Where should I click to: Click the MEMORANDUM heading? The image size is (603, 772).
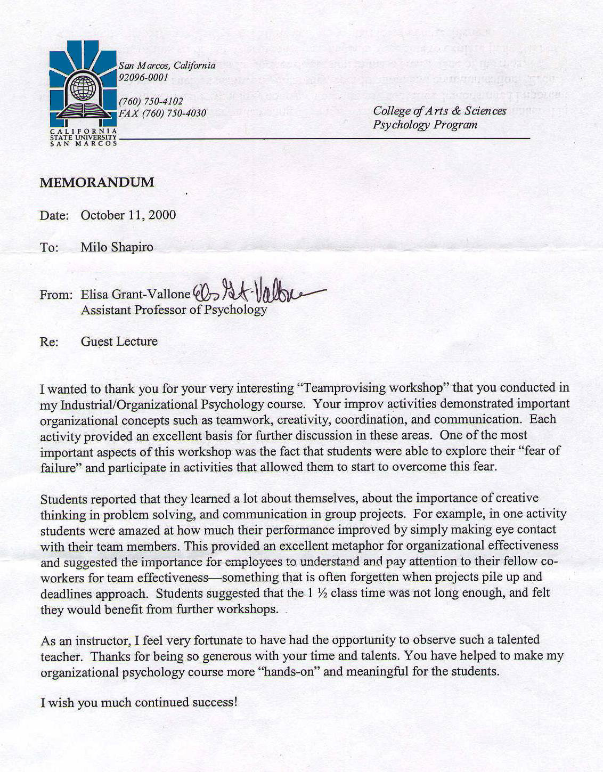click(97, 183)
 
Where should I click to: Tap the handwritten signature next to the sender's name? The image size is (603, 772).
click(256, 292)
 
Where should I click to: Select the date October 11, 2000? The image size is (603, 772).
click(128, 215)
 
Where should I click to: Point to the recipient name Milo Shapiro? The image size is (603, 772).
click(117, 247)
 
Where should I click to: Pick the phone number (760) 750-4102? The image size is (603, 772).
click(151, 101)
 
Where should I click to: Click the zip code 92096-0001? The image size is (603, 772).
click(143, 77)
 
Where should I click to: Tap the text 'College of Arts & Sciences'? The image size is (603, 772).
click(439, 111)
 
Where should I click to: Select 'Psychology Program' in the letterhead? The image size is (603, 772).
click(425, 125)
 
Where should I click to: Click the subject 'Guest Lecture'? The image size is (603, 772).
click(119, 342)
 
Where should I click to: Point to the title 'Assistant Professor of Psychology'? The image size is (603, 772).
click(174, 310)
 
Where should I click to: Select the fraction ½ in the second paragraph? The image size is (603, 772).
click(322, 593)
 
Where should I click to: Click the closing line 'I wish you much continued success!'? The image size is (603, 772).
click(138, 702)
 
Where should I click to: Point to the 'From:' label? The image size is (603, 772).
click(55, 295)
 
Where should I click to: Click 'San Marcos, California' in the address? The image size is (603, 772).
click(167, 66)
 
